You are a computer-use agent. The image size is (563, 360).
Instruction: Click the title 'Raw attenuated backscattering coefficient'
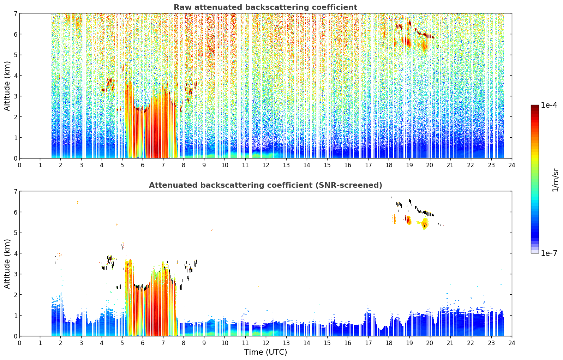point(265,7)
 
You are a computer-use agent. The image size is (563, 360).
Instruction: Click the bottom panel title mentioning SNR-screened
point(265,185)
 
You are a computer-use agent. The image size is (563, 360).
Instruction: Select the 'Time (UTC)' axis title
point(265,352)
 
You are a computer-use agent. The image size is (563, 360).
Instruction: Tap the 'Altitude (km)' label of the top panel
point(7,86)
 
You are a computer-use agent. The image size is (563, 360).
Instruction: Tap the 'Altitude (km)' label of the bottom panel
point(7,264)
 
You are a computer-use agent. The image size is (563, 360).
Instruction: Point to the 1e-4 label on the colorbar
point(549,105)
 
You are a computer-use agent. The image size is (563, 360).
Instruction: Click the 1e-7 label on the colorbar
point(549,253)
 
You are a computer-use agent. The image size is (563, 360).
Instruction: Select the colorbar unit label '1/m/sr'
point(556,180)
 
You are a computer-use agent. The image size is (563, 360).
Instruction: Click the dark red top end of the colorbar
point(535,106)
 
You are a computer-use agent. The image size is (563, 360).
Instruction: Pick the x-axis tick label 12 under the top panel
point(266,165)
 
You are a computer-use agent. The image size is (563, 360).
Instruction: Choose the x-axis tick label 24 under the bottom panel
point(512,343)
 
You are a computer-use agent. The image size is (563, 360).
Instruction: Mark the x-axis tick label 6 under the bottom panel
point(143,343)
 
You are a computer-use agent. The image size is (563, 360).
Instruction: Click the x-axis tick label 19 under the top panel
point(409,165)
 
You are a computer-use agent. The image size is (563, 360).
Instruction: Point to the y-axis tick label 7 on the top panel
point(15,13)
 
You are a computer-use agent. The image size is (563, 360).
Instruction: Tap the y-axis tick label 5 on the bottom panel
point(15,233)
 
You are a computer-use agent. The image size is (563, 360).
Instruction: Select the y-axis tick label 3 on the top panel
point(15,96)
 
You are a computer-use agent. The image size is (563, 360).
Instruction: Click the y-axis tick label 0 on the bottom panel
point(15,336)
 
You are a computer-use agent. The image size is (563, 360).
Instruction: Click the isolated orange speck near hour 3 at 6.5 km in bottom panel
point(78,202)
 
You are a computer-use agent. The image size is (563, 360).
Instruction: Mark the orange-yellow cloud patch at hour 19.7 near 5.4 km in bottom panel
point(425,223)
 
